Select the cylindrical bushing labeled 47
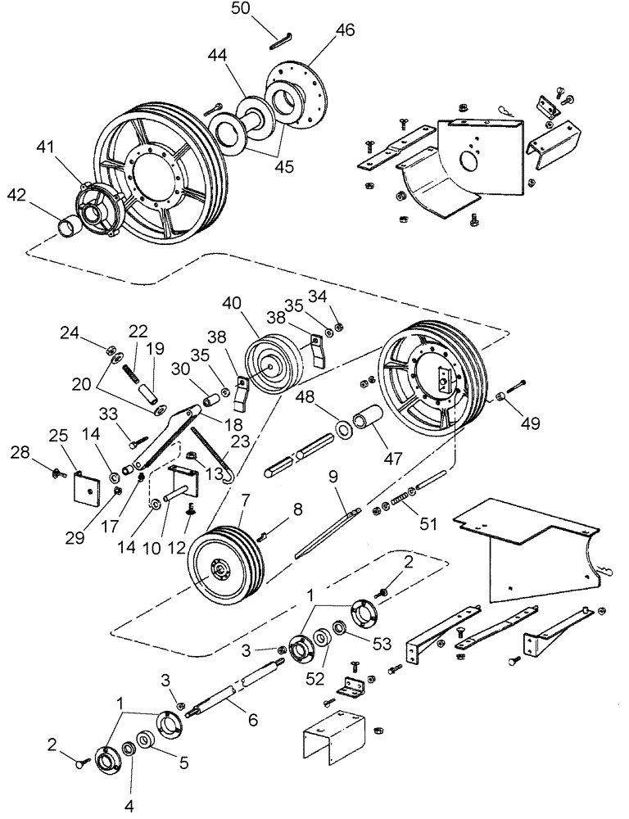coord(367,423)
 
